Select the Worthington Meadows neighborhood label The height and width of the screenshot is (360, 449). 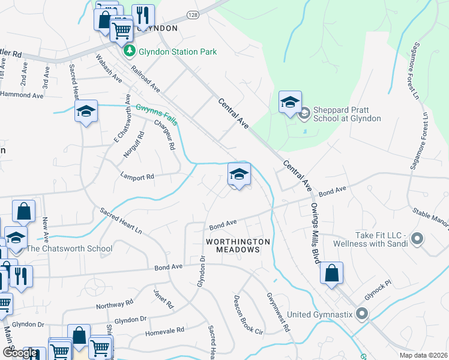coord(238,245)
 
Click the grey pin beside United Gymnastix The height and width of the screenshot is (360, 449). coord(361,314)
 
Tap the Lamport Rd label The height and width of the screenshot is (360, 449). coord(137,177)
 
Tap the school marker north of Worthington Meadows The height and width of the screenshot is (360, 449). coord(239,175)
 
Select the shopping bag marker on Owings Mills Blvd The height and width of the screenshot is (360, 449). coord(331,274)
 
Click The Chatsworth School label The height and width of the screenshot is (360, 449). coord(69,248)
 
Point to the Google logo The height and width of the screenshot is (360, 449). coord(20,353)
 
